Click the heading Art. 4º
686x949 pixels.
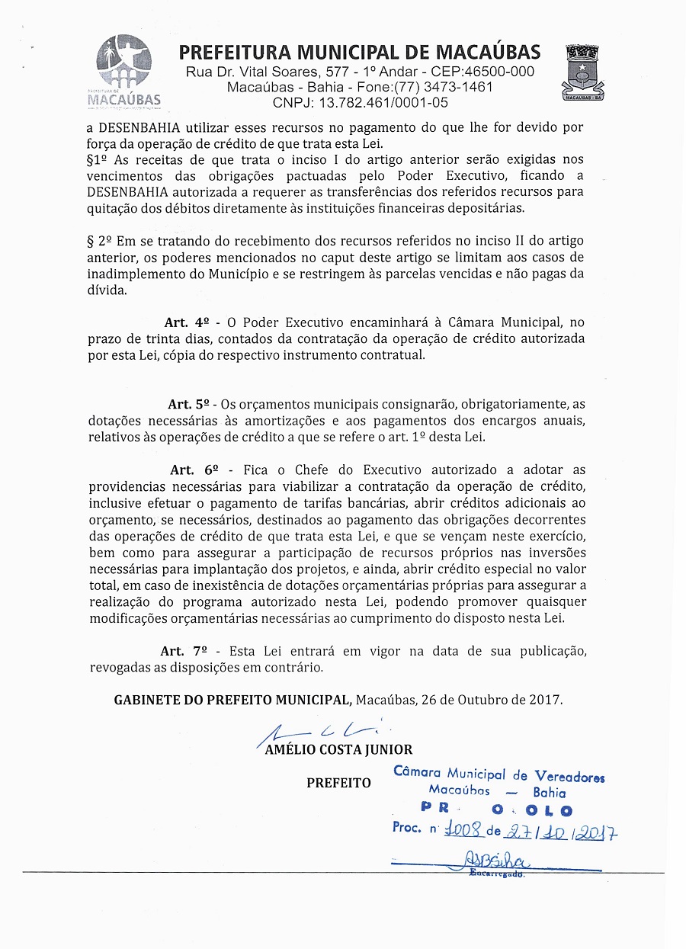(187, 322)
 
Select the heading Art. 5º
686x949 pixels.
(190, 404)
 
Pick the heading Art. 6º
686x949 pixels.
(194, 470)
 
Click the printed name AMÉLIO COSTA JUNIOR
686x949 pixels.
(338, 750)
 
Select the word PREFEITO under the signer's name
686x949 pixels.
(338, 783)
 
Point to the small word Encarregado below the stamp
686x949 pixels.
(496, 874)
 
